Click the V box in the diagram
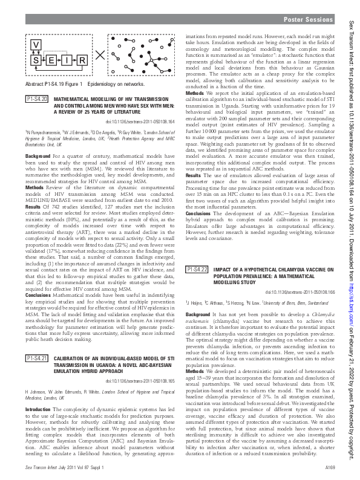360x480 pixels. (35, 45)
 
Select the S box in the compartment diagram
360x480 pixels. (35, 60)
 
